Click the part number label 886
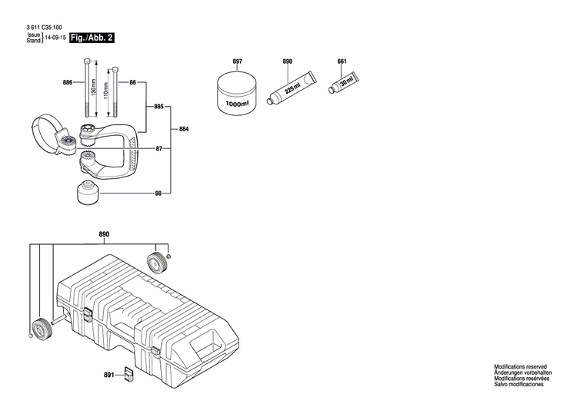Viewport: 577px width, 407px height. pos(67,81)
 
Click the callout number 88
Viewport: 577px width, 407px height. pos(158,194)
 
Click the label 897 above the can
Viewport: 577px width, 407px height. pos(238,60)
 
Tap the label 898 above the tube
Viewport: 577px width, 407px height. pos(288,60)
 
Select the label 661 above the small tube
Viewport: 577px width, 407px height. pos(342,60)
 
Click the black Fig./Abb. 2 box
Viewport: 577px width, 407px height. pos(92,37)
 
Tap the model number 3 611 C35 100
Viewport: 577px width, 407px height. pos(42,28)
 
